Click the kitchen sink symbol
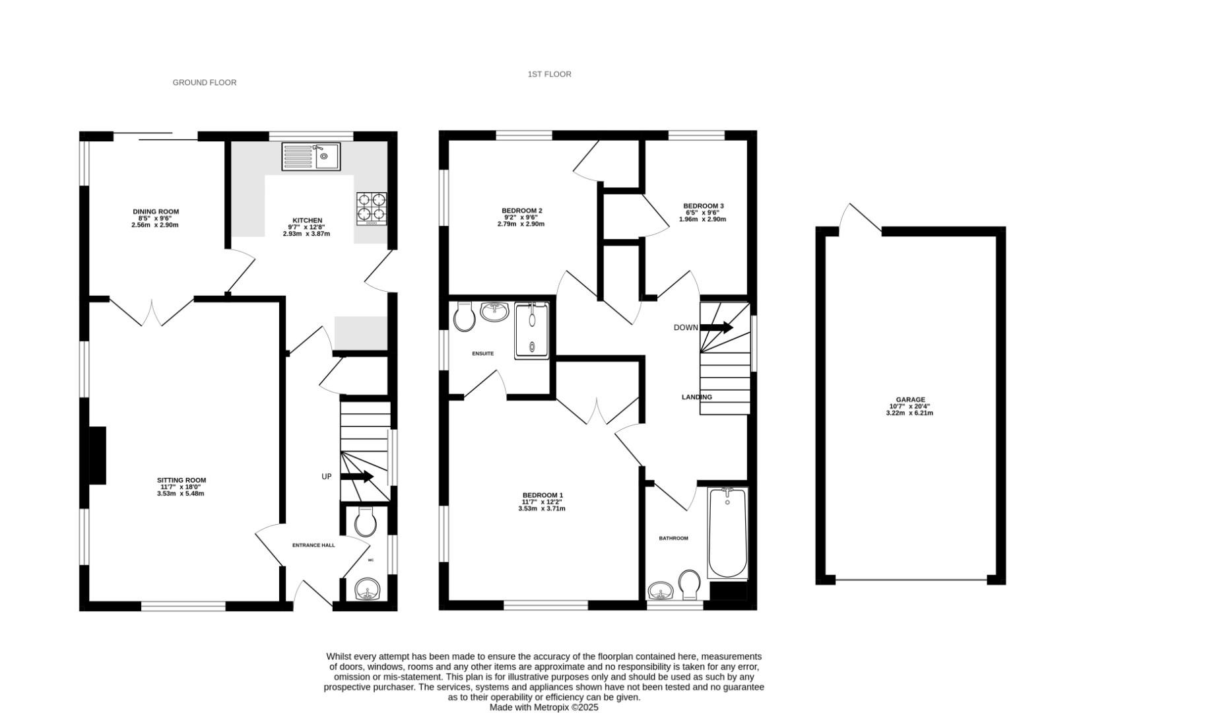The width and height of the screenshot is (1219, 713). pos(311,156)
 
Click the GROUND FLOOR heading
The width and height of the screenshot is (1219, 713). pos(205,83)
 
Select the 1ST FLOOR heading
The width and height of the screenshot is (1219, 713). pos(549,75)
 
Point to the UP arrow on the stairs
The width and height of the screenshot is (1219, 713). pos(357,477)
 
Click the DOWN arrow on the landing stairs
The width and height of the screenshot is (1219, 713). pos(716,327)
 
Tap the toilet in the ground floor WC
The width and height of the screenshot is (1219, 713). pos(365,522)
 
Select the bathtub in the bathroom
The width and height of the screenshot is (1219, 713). pos(727,533)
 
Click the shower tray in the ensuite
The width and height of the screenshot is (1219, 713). pos(532,329)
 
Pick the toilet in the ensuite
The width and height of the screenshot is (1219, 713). pos(465,318)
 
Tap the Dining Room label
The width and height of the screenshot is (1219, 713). pos(156,212)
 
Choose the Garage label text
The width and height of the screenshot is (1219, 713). pos(910,399)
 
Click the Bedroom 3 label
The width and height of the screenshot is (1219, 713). pos(703,205)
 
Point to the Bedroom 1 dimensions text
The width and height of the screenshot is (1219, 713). pos(542,506)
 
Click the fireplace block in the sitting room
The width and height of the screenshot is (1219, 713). pos(97,456)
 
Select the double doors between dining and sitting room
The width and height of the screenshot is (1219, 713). pos(152,312)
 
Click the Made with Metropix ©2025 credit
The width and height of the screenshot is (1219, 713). pos(543,707)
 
